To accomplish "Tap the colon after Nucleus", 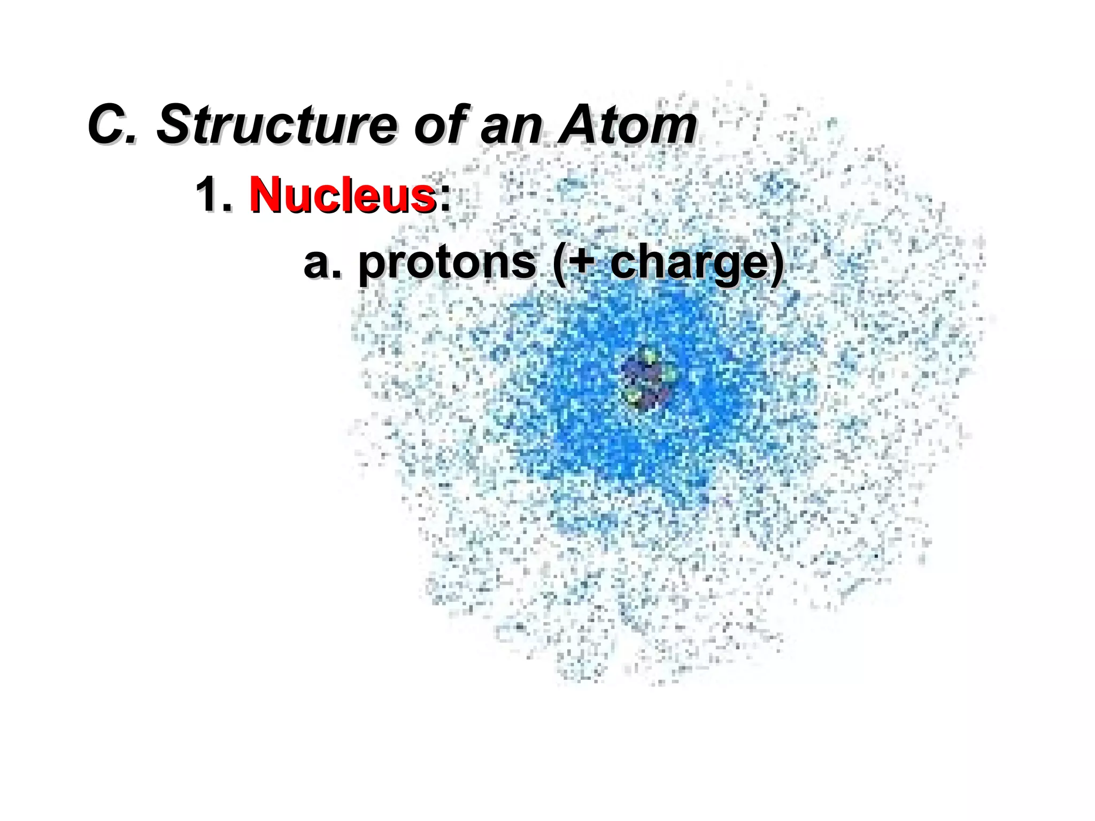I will [x=444, y=198].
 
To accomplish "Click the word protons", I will [x=447, y=263].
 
